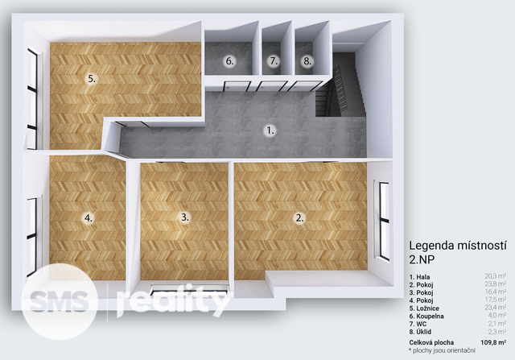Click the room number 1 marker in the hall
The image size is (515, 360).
click(x=270, y=130)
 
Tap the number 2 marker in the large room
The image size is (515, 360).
click(x=299, y=217)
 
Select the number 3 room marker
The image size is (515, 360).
click(x=185, y=217)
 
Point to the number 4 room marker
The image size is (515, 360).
click(x=89, y=217)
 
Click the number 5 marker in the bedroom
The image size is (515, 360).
click(x=92, y=79)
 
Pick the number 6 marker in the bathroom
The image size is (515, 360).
click(x=229, y=61)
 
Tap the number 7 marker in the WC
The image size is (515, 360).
click(x=274, y=61)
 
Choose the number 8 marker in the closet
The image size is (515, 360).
click(x=307, y=61)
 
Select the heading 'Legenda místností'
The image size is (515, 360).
click(x=458, y=246)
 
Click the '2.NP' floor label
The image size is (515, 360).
click(x=422, y=259)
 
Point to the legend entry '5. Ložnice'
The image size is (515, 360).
click(x=424, y=308)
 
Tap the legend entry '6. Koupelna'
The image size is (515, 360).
click(x=426, y=317)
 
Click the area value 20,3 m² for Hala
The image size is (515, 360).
click(x=496, y=276)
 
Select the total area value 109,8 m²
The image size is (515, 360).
click(x=493, y=342)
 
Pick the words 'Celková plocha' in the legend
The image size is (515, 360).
click(x=431, y=342)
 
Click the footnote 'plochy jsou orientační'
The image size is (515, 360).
click(x=443, y=350)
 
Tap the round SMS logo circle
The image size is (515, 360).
click(x=59, y=301)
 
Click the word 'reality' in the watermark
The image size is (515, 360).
click(x=174, y=302)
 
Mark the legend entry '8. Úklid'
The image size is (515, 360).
click(x=420, y=332)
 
